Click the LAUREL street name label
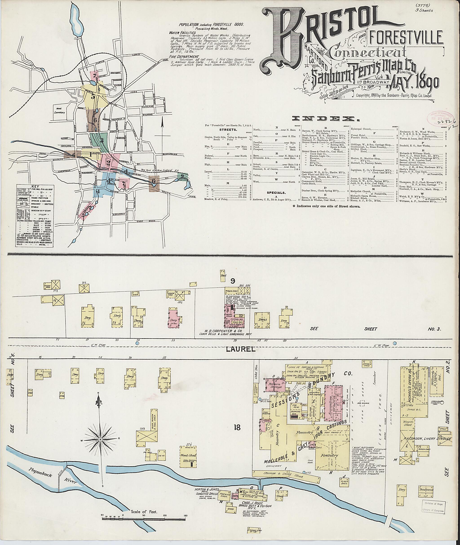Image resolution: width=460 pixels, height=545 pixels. (x=240, y=349)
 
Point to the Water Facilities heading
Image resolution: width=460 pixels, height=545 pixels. (x=182, y=33)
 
